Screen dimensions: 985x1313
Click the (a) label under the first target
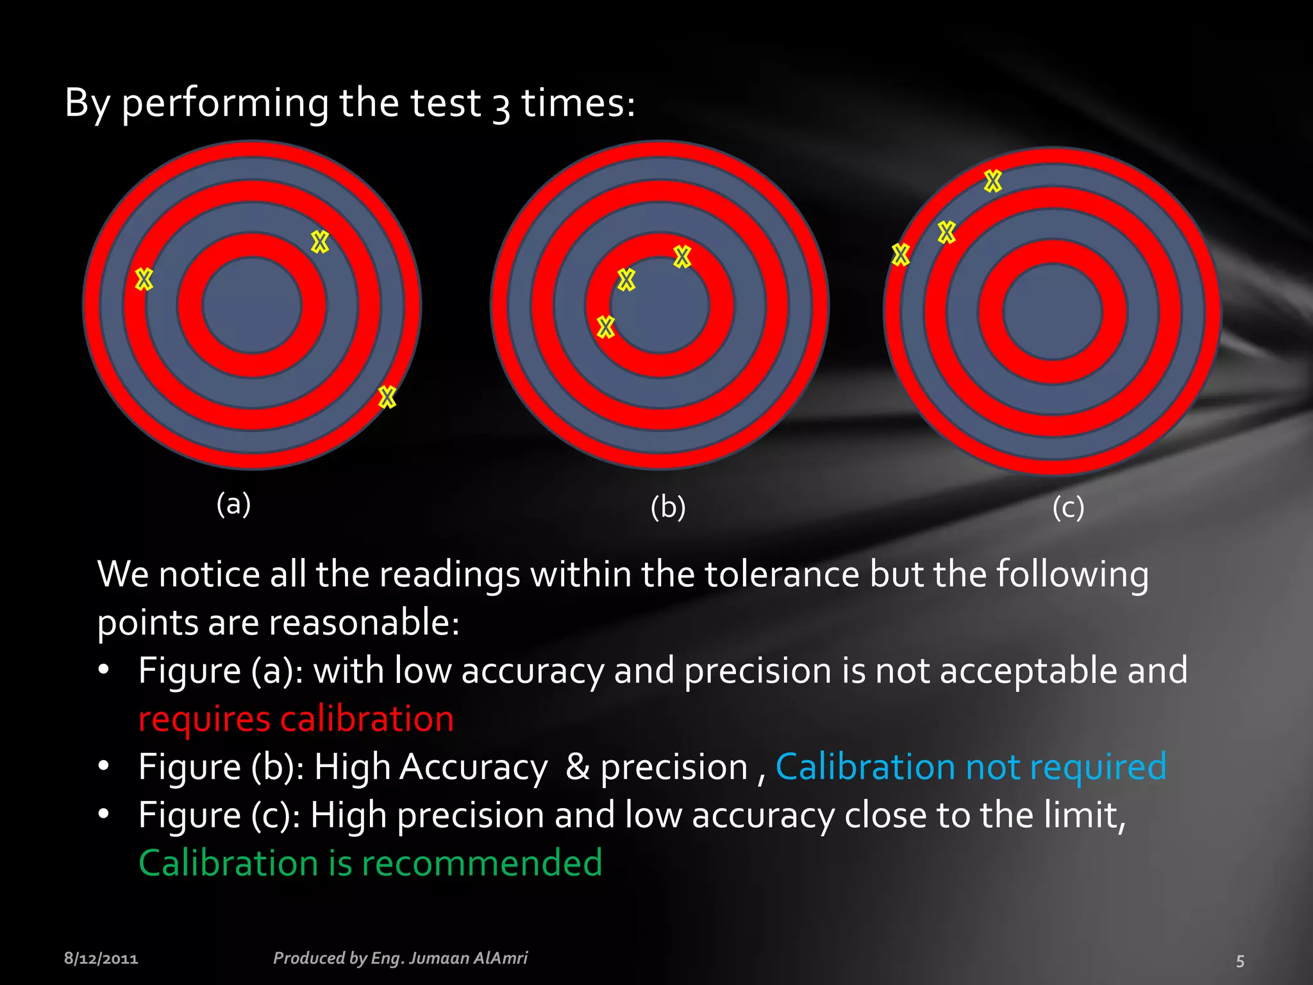[x=233, y=504]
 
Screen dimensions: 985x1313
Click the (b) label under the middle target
[x=668, y=507]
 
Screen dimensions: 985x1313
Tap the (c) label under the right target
[x=1068, y=507]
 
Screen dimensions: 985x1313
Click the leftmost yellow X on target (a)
[x=144, y=279]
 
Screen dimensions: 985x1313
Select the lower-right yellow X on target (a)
[x=387, y=397]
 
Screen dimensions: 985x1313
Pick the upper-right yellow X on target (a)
[x=320, y=242]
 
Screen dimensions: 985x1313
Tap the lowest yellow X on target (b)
[x=605, y=327]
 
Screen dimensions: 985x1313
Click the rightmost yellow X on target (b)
[x=682, y=257]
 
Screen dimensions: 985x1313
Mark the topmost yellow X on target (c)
[x=992, y=181]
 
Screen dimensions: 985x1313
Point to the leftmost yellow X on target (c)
[x=901, y=255]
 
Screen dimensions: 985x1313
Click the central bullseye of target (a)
[x=252, y=305]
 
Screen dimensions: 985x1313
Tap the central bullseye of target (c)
[x=1053, y=312]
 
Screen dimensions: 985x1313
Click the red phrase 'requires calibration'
[x=296, y=718]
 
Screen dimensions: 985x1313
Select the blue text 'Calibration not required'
[x=971, y=766]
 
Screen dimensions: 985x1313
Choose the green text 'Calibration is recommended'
[x=371, y=863]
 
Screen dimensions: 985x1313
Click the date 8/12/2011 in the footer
[x=101, y=959]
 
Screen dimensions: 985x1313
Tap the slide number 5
[x=1240, y=961]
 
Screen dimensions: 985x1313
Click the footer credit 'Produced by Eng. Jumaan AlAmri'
[x=400, y=958]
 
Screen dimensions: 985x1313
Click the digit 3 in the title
[x=501, y=105]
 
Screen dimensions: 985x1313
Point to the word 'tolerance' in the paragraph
[x=782, y=574]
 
